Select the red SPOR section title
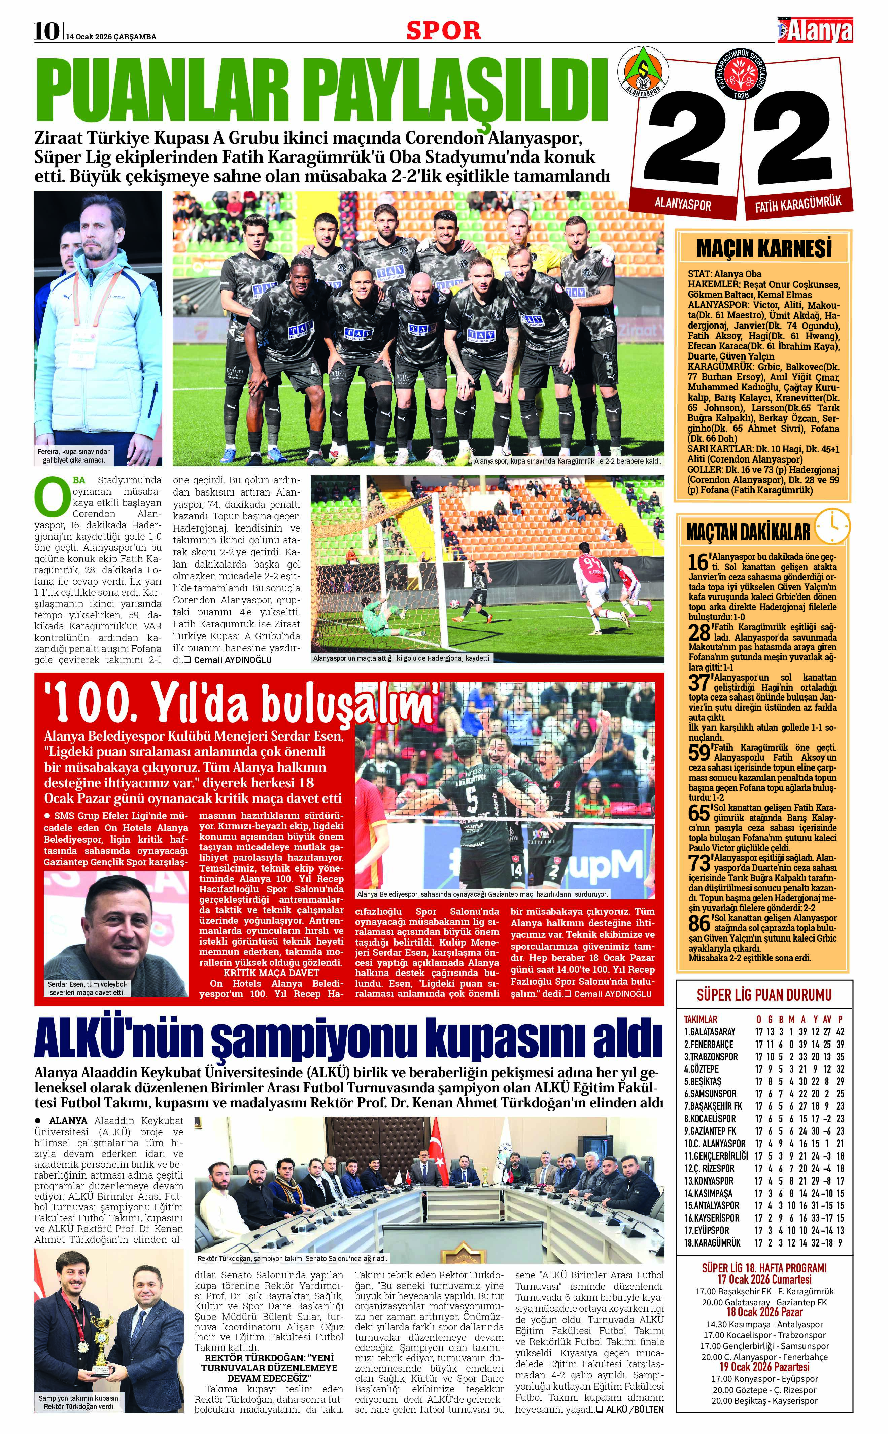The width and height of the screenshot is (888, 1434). [x=443, y=31]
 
